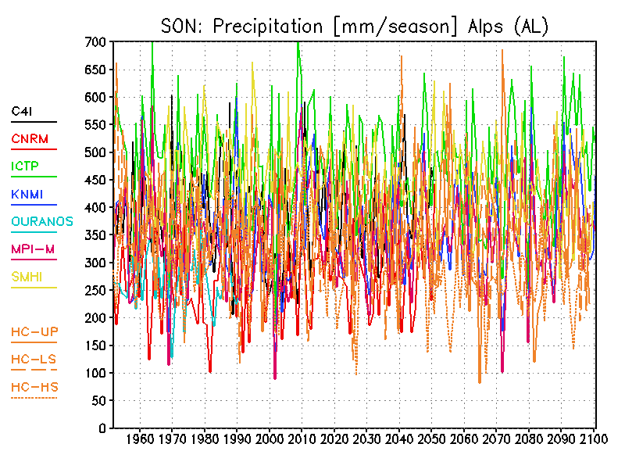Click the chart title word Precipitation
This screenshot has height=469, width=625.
(x=267, y=26)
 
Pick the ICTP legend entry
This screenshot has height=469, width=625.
(x=26, y=166)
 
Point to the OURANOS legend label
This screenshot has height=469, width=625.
(x=42, y=221)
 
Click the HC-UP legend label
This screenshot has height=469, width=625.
(x=34, y=331)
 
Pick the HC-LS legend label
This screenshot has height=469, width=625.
(x=34, y=359)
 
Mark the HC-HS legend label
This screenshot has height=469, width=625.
(x=34, y=386)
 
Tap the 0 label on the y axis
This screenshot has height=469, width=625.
(x=102, y=428)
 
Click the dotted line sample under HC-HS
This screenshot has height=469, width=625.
(x=34, y=399)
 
